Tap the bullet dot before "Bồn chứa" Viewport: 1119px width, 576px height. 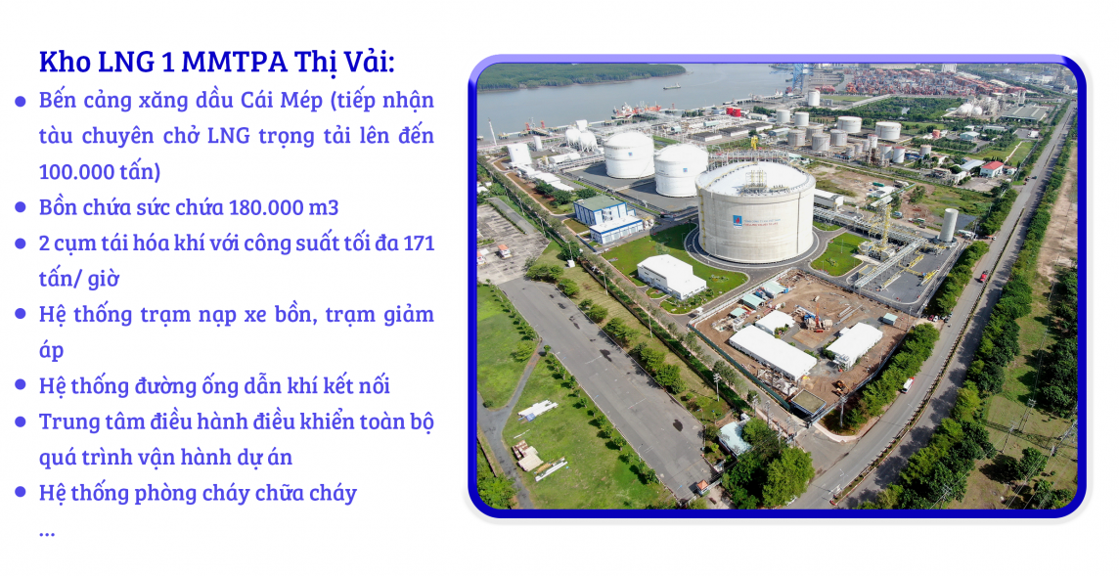point(20,208)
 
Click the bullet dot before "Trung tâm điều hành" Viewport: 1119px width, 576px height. point(20,422)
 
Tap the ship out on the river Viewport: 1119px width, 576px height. point(671,87)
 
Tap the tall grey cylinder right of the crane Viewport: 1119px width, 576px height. point(948,224)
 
